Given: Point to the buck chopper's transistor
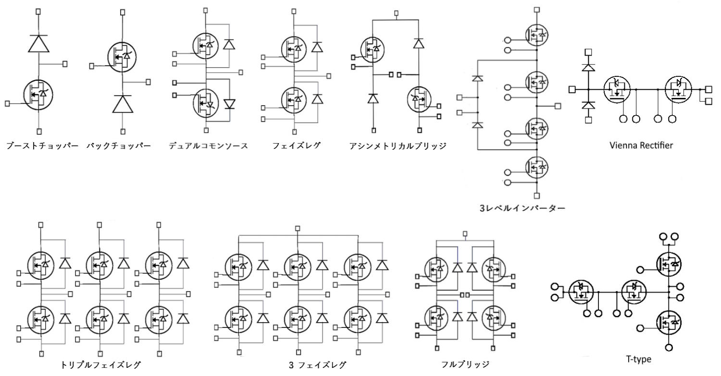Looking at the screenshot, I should pos(123,57).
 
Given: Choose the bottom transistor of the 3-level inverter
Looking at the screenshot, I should pos(536,168).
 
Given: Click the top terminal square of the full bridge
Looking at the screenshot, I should pos(465,234).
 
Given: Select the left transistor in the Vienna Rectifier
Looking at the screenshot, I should pos(617,89).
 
